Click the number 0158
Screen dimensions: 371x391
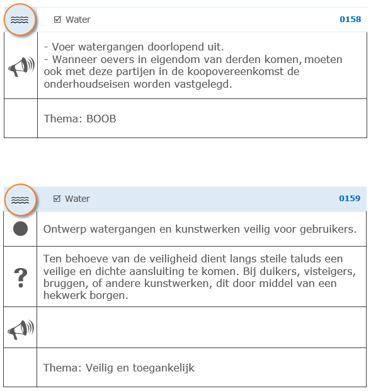click(350, 20)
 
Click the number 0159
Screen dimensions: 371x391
click(350, 199)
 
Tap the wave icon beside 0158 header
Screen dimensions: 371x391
click(20, 20)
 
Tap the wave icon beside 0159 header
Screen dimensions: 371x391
click(20, 200)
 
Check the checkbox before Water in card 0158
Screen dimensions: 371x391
click(58, 20)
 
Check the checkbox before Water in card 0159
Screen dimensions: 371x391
click(57, 199)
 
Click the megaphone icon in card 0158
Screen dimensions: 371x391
click(21, 66)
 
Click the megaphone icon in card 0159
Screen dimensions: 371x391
click(21, 328)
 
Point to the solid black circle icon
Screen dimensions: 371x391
click(21, 229)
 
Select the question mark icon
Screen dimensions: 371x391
click(21, 276)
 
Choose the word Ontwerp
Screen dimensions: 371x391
click(64, 229)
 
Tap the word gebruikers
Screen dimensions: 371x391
click(330, 229)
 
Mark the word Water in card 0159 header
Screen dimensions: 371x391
click(77, 199)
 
